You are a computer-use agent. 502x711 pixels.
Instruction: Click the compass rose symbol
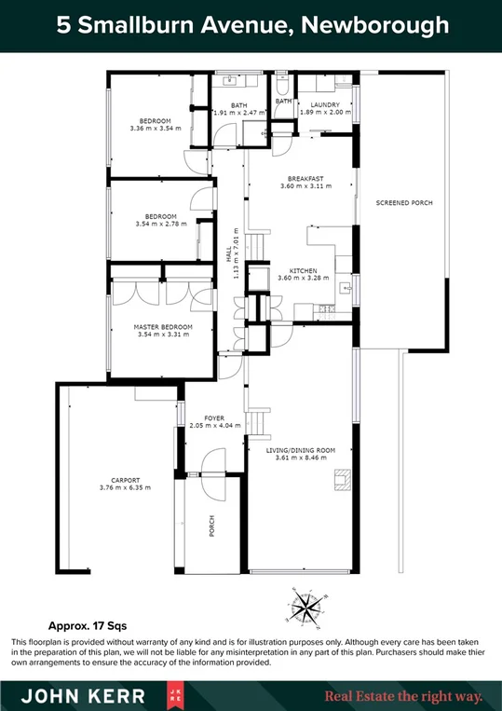(x=305, y=607)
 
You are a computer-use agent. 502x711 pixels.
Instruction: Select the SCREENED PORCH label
(x=403, y=202)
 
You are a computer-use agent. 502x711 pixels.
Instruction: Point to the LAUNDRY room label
(x=325, y=105)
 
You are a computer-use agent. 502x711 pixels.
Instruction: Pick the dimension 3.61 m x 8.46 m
(x=300, y=458)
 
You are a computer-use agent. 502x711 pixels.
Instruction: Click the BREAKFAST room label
(x=305, y=178)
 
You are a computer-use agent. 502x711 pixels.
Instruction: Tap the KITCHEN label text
(x=305, y=269)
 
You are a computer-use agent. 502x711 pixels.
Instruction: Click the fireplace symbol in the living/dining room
(x=342, y=479)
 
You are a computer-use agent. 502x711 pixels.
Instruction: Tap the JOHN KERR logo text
(x=82, y=694)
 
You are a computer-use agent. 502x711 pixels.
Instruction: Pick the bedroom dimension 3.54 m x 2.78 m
(x=161, y=224)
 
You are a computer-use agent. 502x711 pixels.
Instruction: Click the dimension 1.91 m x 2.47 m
(x=238, y=113)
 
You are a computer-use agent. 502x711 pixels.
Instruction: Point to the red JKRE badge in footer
(x=175, y=694)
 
